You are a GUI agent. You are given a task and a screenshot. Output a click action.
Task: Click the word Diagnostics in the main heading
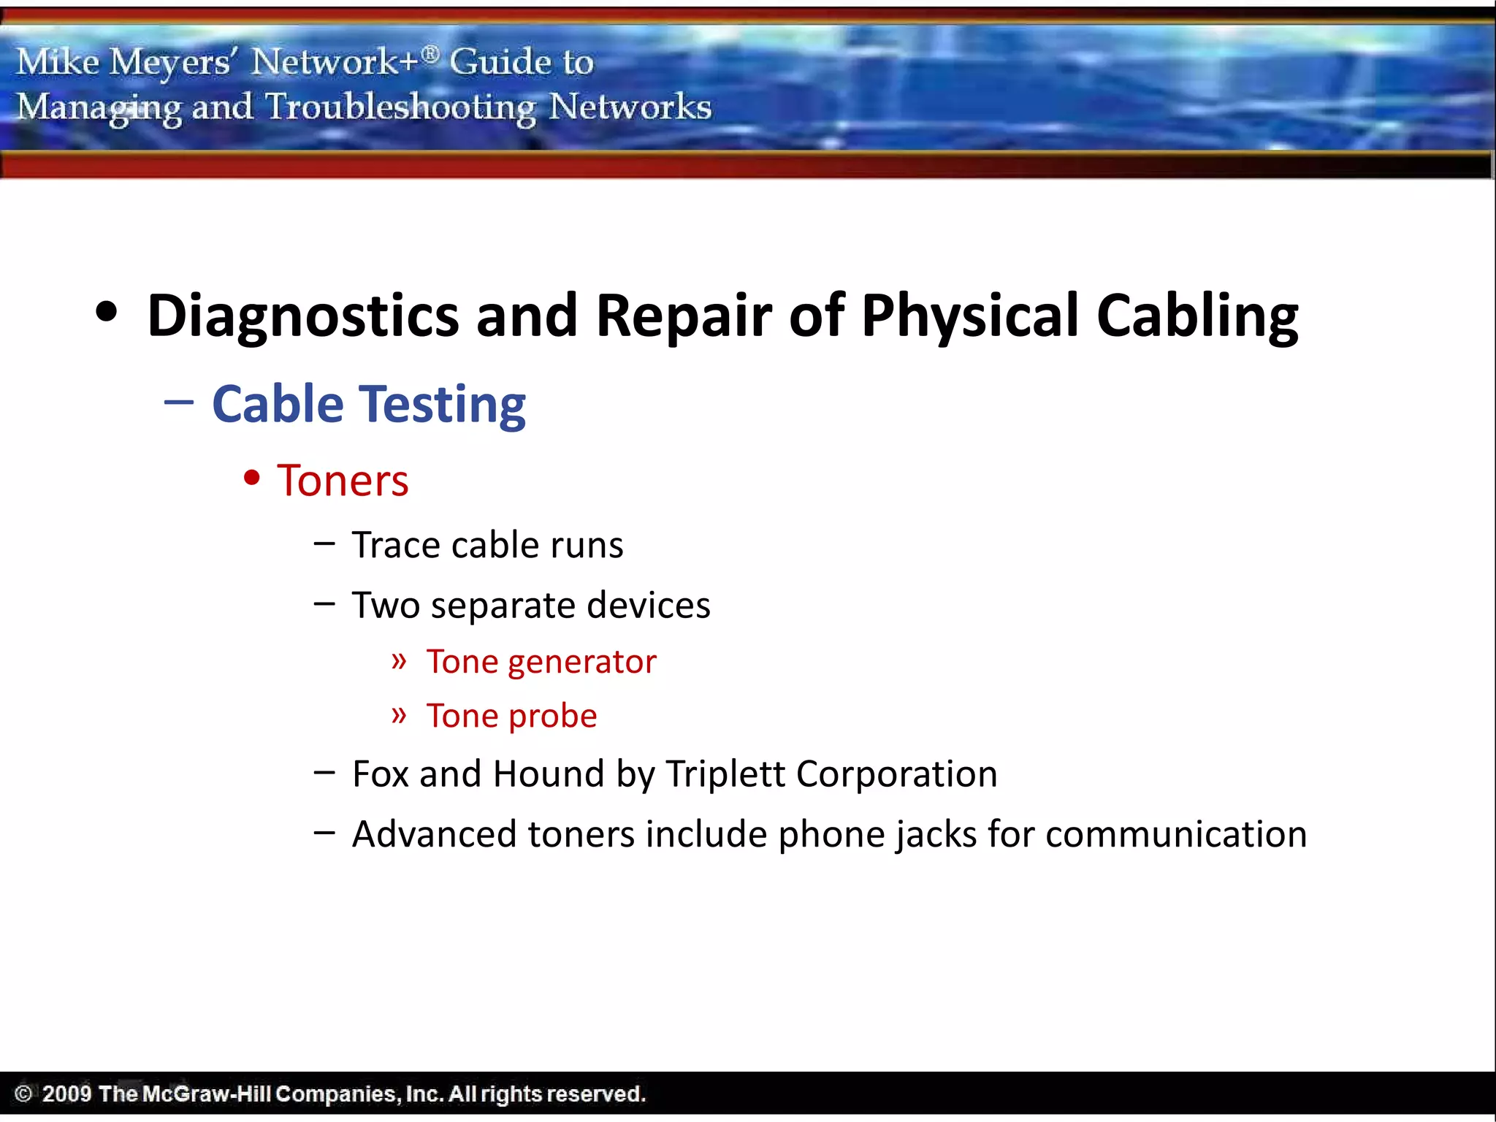click(x=303, y=316)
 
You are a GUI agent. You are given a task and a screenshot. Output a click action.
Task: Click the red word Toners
click(x=343, y=481)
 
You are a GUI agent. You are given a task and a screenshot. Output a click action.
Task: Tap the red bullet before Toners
click(x=252, y=478)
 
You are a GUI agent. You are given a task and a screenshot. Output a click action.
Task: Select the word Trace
click(x=394, y=545)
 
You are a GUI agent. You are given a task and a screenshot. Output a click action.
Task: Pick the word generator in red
click(x=581, y=663)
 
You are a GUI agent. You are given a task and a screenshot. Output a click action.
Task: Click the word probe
click(x=553, y=717)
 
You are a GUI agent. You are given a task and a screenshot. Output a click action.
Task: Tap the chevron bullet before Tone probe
click(x=399, y=714)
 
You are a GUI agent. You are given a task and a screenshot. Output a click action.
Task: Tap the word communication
click(x=1176, y=834)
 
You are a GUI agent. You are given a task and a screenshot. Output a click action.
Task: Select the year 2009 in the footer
click(x=66, y=1094)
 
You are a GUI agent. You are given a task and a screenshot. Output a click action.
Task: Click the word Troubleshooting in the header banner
click(x=400, y=108)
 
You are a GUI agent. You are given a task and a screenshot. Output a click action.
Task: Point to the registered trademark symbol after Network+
click(x=431, y=53)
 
